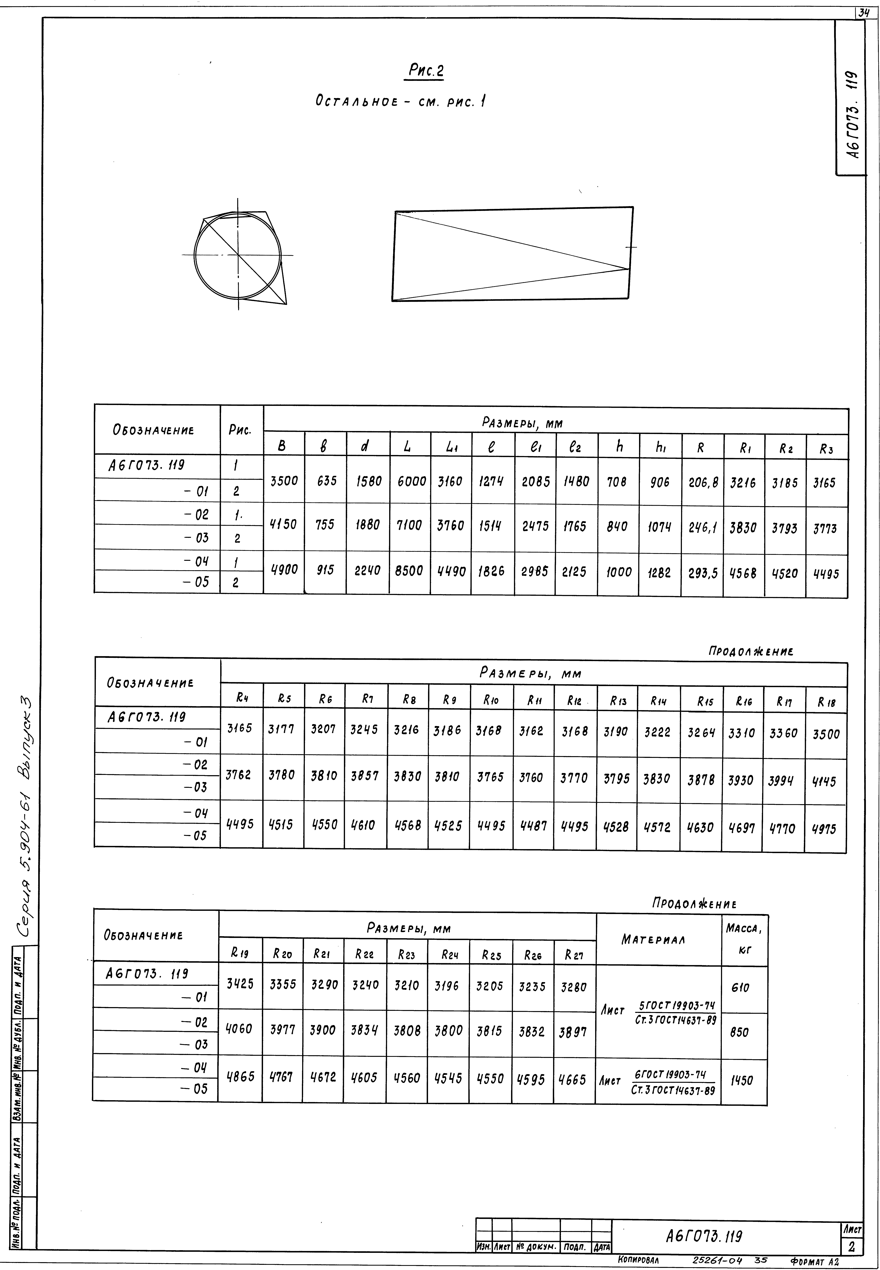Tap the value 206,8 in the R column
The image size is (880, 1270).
point(703,483)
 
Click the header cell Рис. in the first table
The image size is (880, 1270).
point(240,430)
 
